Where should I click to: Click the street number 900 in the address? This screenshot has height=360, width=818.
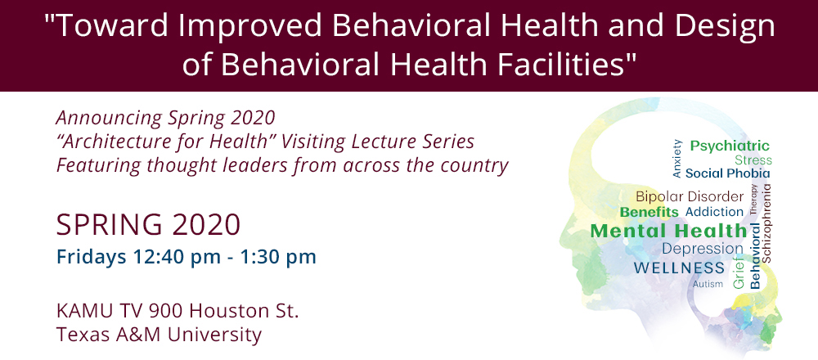(x=166, y=312)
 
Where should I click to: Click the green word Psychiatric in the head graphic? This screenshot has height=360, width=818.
(x=730, y=146)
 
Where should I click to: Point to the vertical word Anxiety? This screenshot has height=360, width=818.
(x=677, y=159)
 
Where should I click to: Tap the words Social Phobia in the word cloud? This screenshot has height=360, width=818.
(x=728, y=173)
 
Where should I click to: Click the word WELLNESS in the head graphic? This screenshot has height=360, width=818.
(x=679, y=268)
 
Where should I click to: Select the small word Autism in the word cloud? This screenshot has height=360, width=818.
(x=708, y=285)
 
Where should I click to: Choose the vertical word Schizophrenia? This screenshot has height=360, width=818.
(x=766, y=223)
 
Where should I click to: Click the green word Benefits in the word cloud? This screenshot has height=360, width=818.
(x=649, y=213)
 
